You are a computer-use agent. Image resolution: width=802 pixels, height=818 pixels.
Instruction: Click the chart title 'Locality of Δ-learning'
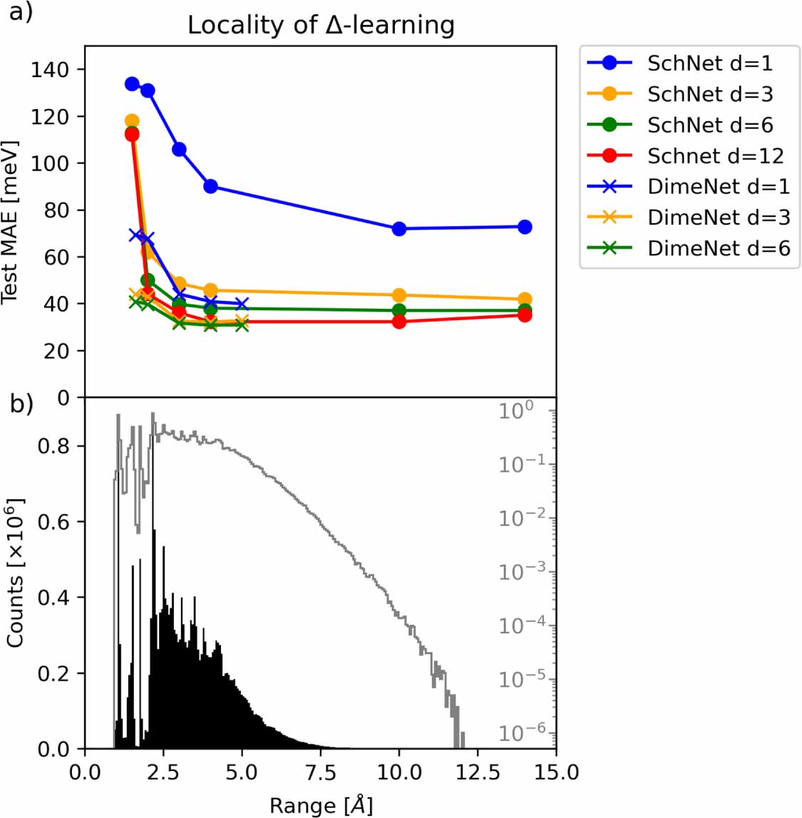321,25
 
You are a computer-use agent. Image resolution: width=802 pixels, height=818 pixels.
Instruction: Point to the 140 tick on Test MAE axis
50,70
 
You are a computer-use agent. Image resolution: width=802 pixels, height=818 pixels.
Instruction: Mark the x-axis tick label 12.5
478,772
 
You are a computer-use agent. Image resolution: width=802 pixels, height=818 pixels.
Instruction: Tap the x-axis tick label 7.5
321,772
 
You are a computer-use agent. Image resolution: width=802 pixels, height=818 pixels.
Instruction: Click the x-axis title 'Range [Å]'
321,805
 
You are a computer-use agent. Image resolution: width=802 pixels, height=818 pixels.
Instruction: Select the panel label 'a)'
21,12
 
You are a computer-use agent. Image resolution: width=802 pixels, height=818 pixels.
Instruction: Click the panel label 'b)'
21,404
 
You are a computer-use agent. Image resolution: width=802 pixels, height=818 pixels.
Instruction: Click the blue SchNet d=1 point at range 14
525,227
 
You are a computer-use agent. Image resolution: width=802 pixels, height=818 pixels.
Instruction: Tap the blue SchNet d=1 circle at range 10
399,229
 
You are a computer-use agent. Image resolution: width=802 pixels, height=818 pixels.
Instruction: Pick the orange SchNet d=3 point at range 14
525,300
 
